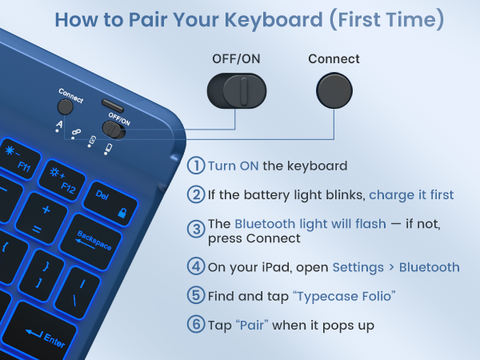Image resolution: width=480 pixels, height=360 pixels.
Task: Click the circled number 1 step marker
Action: (196, 166)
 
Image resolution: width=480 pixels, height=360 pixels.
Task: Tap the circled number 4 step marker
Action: (196, 266)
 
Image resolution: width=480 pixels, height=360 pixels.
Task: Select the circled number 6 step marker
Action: (196, 324)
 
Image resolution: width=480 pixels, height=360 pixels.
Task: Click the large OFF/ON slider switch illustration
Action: (237, 90)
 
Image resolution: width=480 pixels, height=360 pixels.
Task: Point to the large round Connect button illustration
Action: (334, 90)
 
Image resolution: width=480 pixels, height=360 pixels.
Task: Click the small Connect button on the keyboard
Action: (66, 107)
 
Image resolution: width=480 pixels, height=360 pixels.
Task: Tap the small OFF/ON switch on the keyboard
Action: (114, 130)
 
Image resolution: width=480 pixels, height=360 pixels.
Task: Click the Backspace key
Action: (92, 242)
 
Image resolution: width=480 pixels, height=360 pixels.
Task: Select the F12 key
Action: (62, 181)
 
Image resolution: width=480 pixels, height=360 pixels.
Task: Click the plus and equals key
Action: (42, 218)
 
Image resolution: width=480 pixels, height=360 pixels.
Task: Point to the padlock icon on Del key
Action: (122, 213)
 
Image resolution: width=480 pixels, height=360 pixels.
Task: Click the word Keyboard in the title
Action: (274, 20)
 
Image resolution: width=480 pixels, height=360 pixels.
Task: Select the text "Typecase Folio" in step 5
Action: (344, 296)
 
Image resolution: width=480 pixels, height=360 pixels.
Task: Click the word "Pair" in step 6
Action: (252, 325)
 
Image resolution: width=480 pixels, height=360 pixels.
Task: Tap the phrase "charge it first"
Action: (411, 195)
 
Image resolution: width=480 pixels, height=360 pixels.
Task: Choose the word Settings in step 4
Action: (358, 267)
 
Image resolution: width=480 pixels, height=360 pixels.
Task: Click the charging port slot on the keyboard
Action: (113, 106)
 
